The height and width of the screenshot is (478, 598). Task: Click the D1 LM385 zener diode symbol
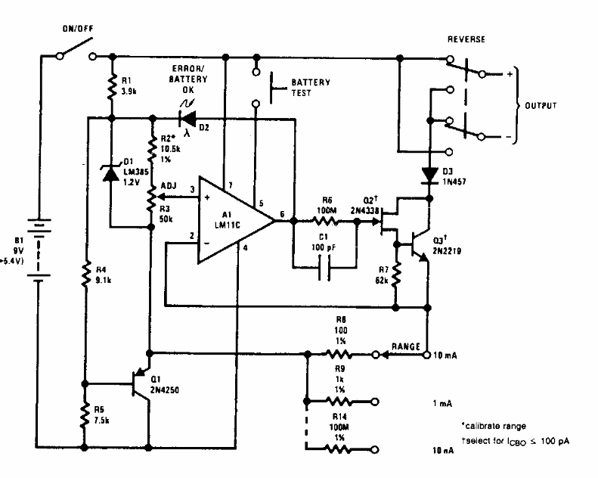111,172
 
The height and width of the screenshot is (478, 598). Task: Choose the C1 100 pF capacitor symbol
324,266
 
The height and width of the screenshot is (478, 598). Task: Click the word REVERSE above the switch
466,39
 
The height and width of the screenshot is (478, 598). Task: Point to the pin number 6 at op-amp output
282,214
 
